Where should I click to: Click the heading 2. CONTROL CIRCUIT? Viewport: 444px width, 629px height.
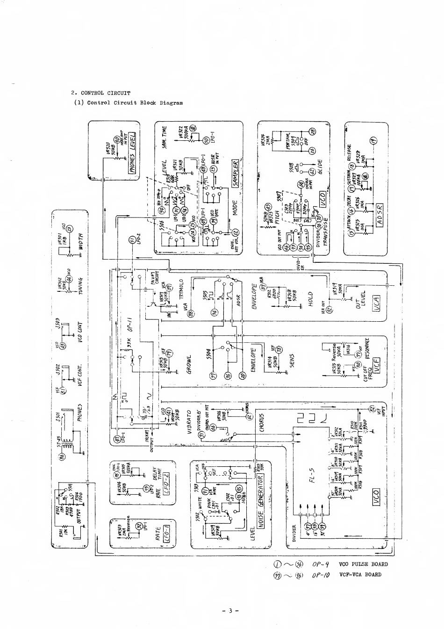[x=100, y=93]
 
